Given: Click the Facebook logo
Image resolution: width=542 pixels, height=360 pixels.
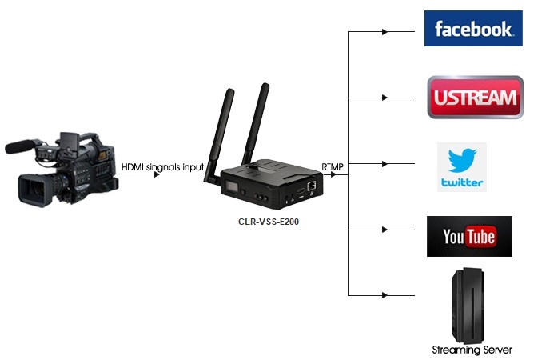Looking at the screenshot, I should (472, 29).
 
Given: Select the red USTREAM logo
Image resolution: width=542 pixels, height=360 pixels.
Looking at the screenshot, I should (476, 98).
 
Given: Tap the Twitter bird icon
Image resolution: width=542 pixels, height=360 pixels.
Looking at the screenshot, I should (461, 160).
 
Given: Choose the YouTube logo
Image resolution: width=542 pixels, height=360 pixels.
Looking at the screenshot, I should (469, 236).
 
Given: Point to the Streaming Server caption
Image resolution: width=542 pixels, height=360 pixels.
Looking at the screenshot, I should (472, 350).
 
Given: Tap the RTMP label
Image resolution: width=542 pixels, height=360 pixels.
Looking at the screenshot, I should (333, 166).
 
